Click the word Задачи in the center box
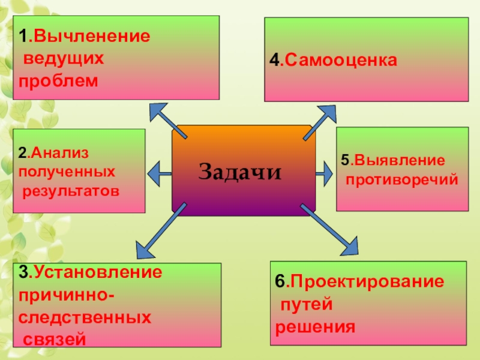pyautogui.click(x=240, y=172)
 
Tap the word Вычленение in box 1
pyautogui.click(x=92, y=37)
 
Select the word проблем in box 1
pyautogui.click(x=58, y=80)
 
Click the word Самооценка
pyautogui.click(x=340, y=61)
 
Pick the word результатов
pyautogui.click(x=71, y=192)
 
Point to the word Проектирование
pyautogui.click(x=368, y=281)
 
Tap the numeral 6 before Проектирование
pyautogui.click(x=279, y=282)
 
